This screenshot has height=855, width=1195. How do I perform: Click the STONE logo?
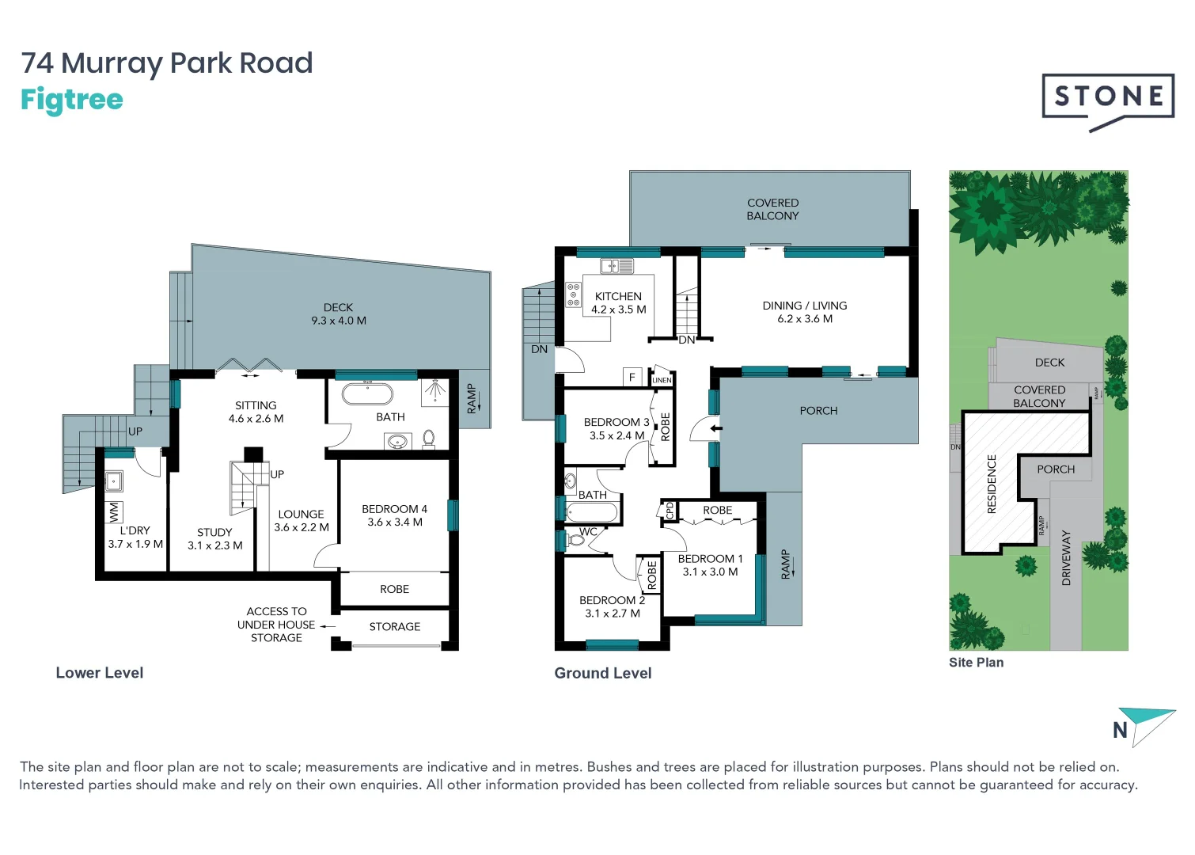tap(1107, 97)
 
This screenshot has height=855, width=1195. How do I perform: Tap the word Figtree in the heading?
tap(72, 100)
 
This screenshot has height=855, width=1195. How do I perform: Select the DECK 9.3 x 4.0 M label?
tap(339, 314)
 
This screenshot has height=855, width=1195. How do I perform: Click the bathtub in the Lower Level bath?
tap(367, 393)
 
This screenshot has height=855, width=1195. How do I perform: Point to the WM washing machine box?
tap(113, 512)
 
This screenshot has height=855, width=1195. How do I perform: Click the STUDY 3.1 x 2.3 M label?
tap(214, 539)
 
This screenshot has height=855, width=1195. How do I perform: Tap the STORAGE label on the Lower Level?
tap(394, 626)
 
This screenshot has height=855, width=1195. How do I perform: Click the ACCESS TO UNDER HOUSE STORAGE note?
tap(276, 625)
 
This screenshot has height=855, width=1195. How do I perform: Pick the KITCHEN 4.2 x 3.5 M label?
tap(618, 303)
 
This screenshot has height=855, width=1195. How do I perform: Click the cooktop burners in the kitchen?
tap(574, 294)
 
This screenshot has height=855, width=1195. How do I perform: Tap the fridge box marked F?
tap(632, 377)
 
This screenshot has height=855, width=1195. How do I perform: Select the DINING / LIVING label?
tap(804, 312)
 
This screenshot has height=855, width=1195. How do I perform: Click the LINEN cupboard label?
tap(662, 380)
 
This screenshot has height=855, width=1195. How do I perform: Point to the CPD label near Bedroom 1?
tap(669, 510)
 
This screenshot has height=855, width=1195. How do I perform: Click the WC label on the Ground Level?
tap(588, 531)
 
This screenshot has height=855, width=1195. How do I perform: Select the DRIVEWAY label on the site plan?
tap(1065, 558)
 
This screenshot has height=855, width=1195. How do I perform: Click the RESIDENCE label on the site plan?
tap(992, 484)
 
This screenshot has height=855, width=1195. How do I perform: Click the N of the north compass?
tap(1120, 730)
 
